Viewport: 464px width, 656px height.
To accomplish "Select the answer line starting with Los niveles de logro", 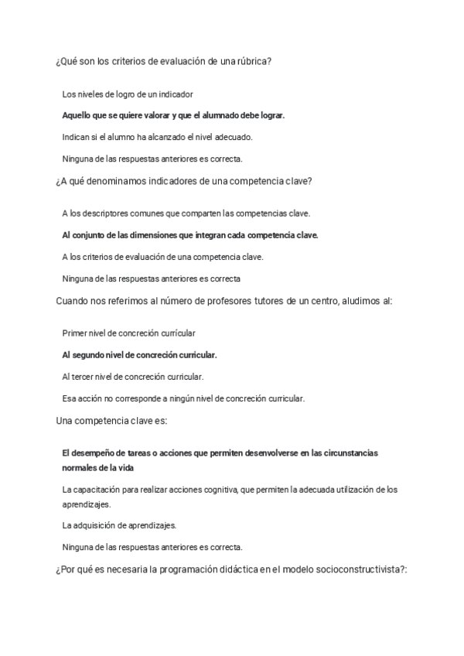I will point(127,94).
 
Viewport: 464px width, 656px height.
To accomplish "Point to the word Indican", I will point(76,137).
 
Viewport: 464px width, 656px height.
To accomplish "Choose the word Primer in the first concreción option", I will point(75,333).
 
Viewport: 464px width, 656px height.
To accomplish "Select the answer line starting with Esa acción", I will point(183,398).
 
